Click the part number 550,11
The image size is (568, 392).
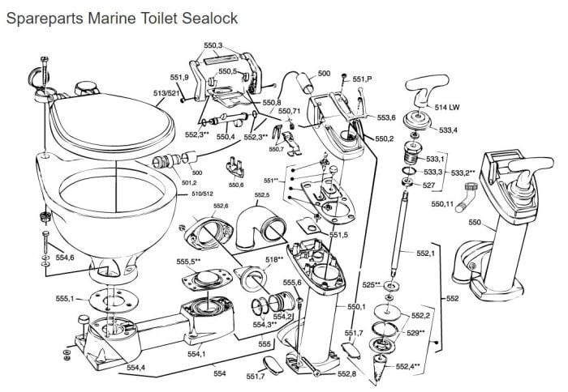443,205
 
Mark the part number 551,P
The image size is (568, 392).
363,79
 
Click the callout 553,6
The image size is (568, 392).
386,117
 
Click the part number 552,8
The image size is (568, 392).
347,373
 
